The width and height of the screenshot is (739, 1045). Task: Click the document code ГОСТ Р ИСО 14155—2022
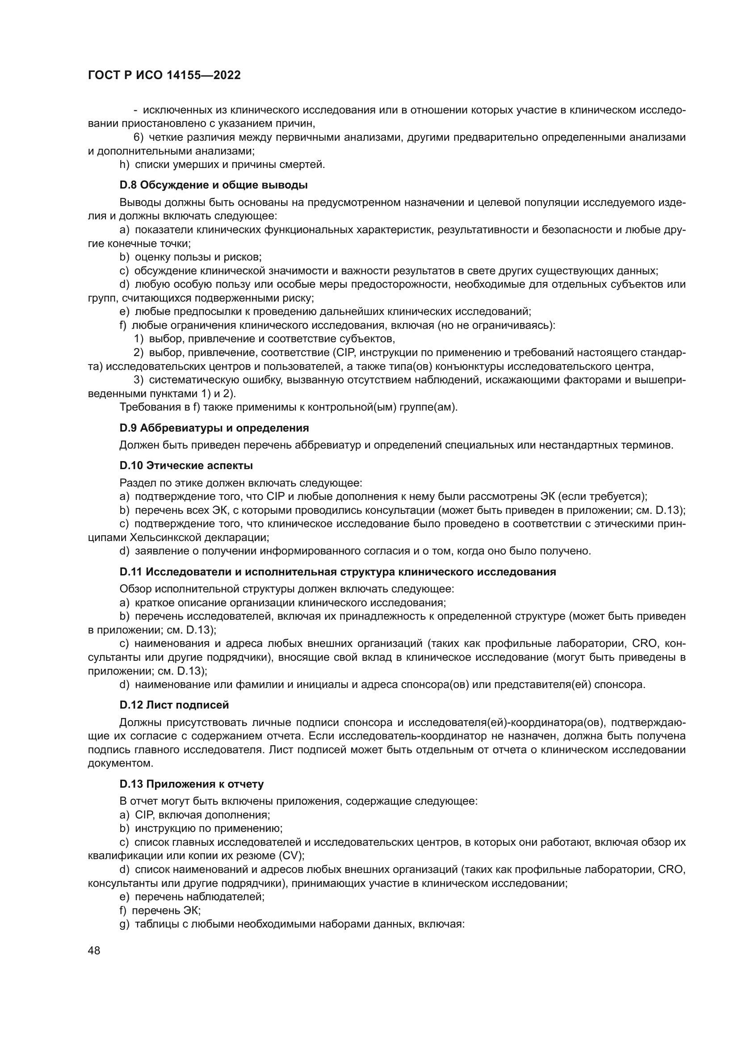tap(164, 75)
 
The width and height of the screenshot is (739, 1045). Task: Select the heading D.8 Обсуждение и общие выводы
tap(214, 185)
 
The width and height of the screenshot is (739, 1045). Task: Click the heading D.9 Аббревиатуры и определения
tap(214, 428)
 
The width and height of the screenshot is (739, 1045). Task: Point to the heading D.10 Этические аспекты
tap(186, 466)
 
